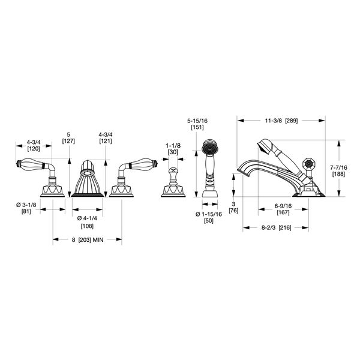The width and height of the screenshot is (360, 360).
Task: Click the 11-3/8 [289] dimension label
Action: tap(281, 121)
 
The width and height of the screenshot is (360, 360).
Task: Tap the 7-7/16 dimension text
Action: tap(338, 167)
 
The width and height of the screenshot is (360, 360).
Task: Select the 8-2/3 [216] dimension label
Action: tap(276, 227)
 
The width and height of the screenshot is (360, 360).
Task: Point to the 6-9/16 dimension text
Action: tap(283, 206)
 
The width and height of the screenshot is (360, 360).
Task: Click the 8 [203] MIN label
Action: tap(88, 239)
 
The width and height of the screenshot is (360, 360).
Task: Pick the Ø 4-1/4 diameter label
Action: tap(87, 218)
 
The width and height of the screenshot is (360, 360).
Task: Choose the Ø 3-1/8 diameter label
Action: tap(26, 205)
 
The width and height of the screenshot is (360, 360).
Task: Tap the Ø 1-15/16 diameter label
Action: tap(209, 214)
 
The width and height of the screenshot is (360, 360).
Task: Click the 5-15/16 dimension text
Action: tap(197, 121)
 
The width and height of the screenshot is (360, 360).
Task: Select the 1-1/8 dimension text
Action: tap(173, 146)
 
